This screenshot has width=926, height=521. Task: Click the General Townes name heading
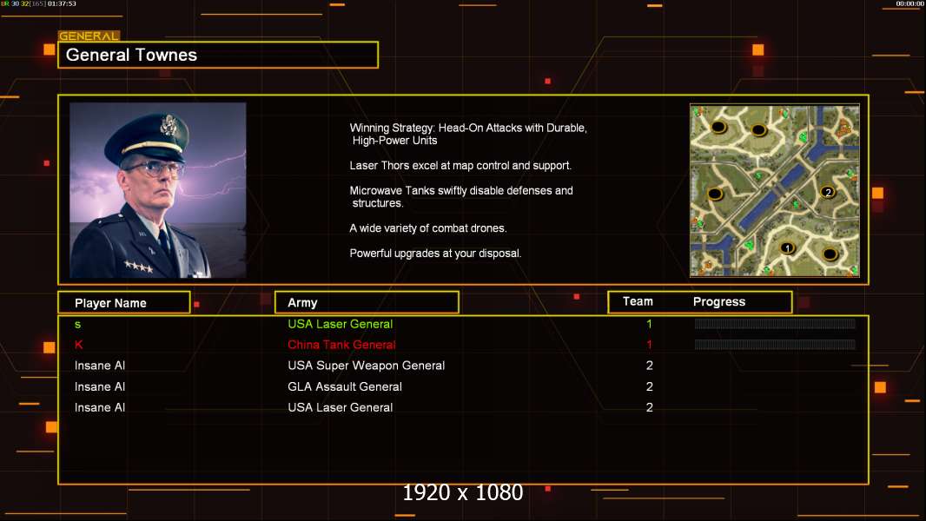point(131,55)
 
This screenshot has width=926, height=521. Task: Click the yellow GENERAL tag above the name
point(89,36)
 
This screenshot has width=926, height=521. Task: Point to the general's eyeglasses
point(154,168)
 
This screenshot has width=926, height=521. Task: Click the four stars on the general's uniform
point(139,267)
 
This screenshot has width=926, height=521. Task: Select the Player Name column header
point(110,303)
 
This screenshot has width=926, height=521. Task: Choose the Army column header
point(302,303)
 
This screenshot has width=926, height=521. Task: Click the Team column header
point(638,301)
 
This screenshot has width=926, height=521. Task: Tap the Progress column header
point(719,302)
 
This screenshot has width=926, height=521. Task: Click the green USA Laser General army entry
point(341,324)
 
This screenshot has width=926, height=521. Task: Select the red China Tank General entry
point(342,345)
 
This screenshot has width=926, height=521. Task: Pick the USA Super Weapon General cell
point(367,366)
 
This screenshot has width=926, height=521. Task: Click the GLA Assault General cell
point(345,387)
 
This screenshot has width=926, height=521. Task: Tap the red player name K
point(78,345)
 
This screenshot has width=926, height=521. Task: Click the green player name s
point(78,325)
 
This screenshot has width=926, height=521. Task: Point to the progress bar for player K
point(775,345)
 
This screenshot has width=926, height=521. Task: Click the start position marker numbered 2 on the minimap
point(828,193)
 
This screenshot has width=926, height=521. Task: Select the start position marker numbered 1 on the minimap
point(787,248)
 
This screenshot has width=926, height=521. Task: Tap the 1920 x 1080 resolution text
point(463,492)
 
